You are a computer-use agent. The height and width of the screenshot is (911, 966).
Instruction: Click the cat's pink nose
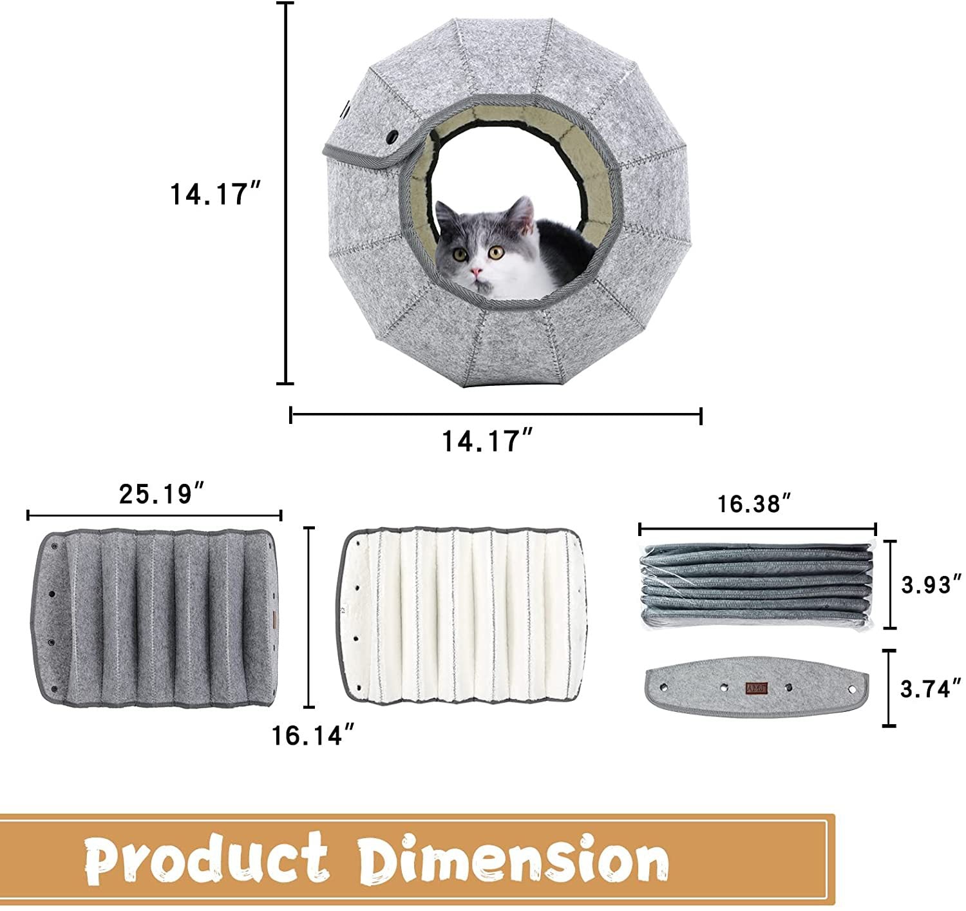click(x=476, y=271)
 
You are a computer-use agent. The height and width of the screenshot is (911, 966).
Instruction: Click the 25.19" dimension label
click(x=162, y=494)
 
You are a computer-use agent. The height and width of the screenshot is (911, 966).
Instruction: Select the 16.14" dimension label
click(x=313, y=735)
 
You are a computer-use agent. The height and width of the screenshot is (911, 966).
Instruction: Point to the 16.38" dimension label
click(x=754, y=504)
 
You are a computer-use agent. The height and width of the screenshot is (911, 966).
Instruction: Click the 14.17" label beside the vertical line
click(x=215, y=194)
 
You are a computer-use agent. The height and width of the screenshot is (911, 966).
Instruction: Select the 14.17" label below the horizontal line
click(x=487, y=441)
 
